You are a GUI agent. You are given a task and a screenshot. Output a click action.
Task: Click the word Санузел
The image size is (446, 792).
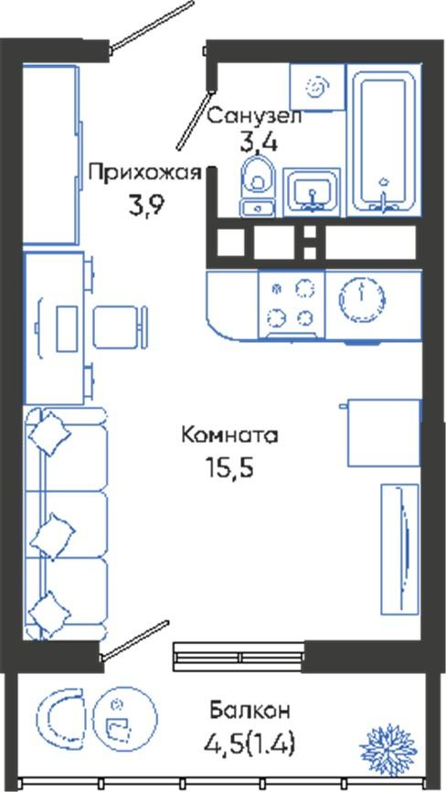point(254,117)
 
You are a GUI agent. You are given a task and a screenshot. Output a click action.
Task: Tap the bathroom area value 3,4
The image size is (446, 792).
point(259,144)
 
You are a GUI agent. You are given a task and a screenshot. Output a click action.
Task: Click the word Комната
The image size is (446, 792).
point(229,435)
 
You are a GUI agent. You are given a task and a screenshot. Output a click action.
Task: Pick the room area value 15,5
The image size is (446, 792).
point(228,468)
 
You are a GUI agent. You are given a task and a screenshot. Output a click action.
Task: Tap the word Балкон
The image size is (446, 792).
point(250,711)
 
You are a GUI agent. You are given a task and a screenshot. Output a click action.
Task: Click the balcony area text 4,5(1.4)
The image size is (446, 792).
point(250,744)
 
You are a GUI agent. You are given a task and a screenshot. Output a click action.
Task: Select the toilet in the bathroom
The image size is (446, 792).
point(258,186)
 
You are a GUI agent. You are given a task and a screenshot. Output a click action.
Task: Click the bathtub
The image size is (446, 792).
point(384,140)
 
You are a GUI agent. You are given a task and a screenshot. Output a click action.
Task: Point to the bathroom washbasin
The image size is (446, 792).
point(312,192)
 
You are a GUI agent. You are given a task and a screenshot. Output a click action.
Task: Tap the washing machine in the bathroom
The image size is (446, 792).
point(317,87)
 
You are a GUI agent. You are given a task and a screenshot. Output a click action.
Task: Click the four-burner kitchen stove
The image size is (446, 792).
point(292,305)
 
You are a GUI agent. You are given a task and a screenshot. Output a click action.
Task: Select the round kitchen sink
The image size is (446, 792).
point(362,298)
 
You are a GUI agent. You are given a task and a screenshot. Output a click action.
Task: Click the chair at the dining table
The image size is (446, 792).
point(120,326)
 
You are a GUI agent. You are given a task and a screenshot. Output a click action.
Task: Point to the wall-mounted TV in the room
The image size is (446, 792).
point(400,550)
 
